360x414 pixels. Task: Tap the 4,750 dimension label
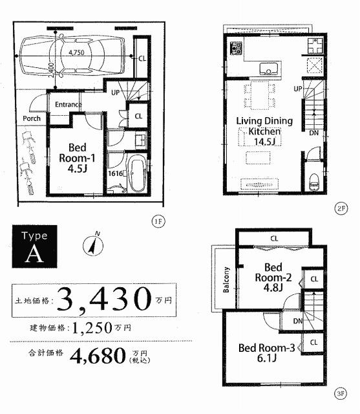click(78, 54)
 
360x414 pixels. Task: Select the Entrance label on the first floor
click(68, 104)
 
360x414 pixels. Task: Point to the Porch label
click(32, 118)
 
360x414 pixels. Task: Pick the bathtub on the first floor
click(136, 173)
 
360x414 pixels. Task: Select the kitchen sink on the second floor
click(269, 69)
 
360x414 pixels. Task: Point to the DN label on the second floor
click(313, 133)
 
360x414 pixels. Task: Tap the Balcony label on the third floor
click(227, 279)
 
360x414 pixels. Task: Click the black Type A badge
click(34, 246)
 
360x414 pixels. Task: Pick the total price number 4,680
click(97, 356)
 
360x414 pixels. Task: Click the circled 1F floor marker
click(157, 221)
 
